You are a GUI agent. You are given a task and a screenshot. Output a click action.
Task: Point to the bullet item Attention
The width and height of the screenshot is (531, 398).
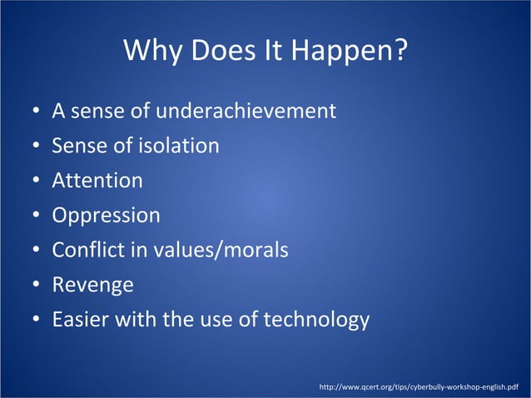[97, 181]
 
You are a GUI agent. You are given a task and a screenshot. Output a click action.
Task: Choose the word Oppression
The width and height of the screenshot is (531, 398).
[106, 216]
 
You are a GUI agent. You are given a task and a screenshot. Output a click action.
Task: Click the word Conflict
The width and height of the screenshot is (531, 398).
[87, 250]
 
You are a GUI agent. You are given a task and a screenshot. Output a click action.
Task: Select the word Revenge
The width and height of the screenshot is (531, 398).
[92, 285]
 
